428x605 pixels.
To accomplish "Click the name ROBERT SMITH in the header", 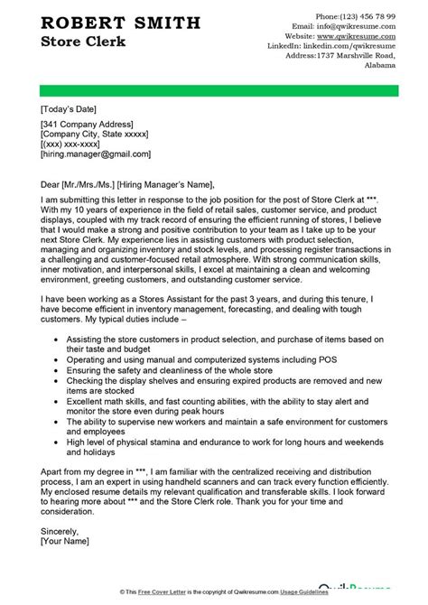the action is (107, 23).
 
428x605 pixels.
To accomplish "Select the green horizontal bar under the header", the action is (214, 88).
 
